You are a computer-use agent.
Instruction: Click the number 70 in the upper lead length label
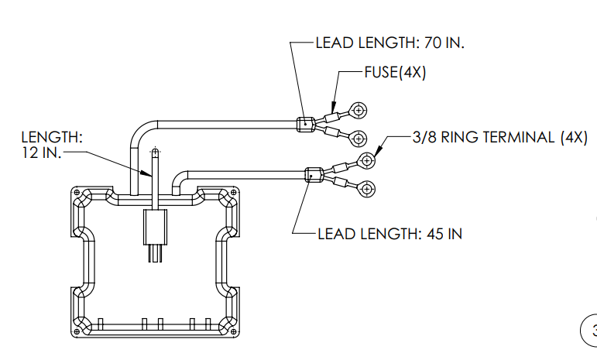pos(433,43)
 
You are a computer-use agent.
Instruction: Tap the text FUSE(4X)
pos(395,72)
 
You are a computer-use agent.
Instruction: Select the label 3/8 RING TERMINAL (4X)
pos(500,137)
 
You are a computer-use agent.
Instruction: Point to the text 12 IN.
pos(41,153)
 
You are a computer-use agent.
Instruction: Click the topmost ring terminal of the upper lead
pos(359,111)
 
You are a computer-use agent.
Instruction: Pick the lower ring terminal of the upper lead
pos(359,139)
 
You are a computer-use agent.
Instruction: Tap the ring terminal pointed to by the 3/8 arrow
pos(367,160)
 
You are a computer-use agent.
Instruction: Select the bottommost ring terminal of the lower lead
pos(367,189)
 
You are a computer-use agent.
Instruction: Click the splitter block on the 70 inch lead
pos(306,125)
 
